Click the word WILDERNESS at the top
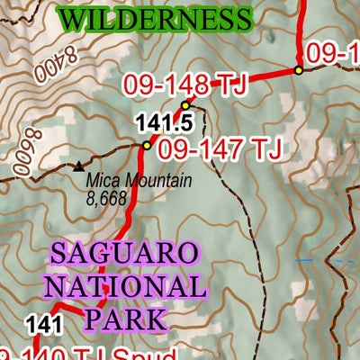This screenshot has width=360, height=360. [154, 17]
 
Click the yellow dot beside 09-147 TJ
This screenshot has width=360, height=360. [147, 145]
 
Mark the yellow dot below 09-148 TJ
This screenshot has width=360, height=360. [186, 105]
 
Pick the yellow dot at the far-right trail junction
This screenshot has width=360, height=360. [298, 70]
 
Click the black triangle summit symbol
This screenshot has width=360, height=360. [78, 166]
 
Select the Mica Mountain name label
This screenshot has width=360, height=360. [139, 181]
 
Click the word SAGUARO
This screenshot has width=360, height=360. [122, 254]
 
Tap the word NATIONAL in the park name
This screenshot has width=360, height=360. [125, 287]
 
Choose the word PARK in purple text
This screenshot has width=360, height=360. [125, 319]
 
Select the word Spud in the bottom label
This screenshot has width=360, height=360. [153, 353]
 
